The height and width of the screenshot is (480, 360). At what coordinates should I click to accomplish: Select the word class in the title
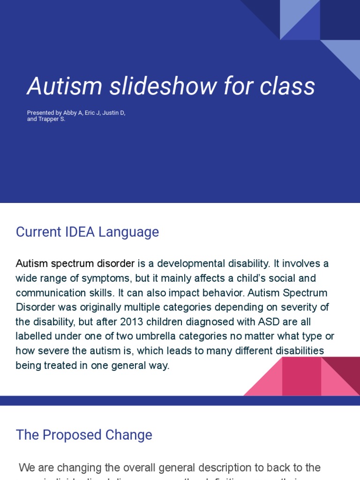pyautogui.click(x=288, y=86)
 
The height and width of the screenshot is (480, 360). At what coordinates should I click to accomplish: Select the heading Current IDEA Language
pyautogui.click(x=87, y=232)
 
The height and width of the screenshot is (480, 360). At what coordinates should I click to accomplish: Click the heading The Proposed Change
pyautogui.click(x=84, y=435)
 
